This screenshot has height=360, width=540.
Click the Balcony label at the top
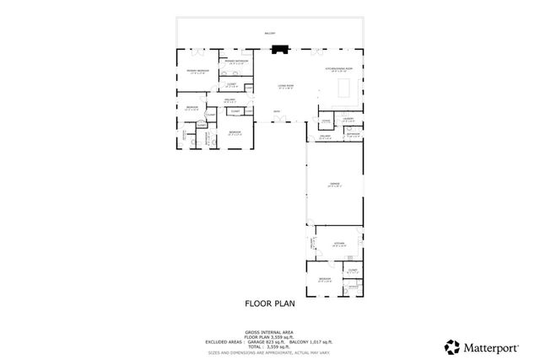270,34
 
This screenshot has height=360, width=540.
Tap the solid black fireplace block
281,49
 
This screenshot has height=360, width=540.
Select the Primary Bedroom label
197,71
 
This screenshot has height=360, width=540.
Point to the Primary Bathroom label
235,62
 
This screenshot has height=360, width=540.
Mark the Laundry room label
347,120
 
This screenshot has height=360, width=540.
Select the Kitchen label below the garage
339,243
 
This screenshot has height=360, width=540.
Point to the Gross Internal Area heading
270,332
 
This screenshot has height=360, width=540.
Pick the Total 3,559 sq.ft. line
270,347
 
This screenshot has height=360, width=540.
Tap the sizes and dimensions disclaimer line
270,352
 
